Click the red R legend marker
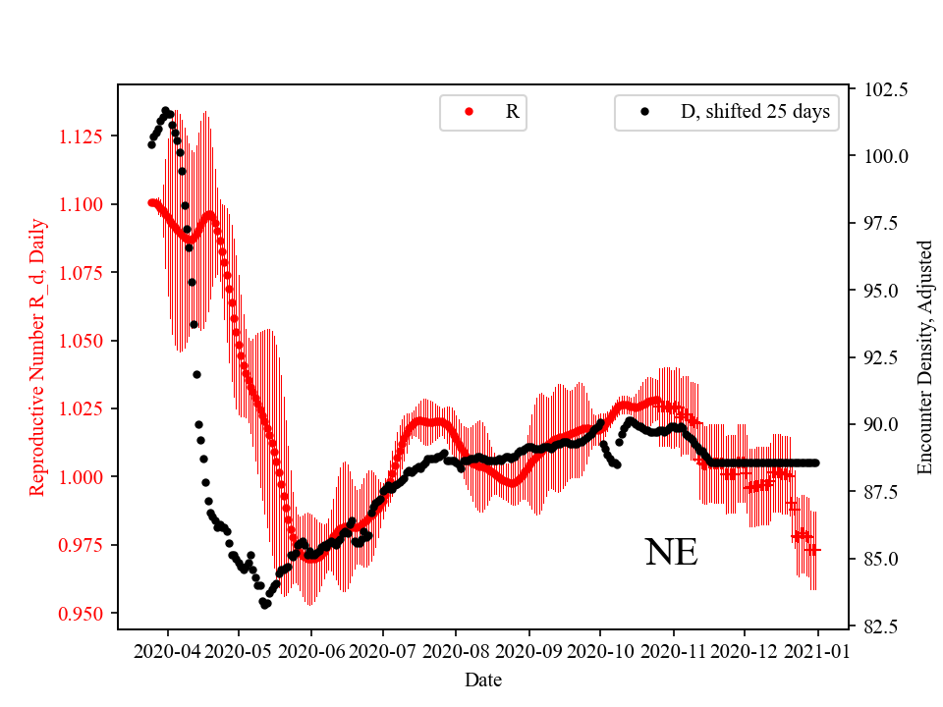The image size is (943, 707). pos(469,112)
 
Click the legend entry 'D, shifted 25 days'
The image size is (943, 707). pos(754,112)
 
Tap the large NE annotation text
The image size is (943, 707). pos(671,553)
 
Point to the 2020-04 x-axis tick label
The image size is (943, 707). pos(167,652)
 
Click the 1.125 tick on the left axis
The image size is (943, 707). pos(84,136)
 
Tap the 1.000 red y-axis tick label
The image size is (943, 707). pos(84,477)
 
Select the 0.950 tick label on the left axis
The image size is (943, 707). pos(84,614)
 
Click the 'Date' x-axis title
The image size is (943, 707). pos(482,679)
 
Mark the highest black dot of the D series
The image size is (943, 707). pos(165,110)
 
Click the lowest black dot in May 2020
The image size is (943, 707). pos(265,605)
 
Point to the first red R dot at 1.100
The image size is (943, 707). pos(151,202)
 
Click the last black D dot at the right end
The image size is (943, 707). pos(815,462)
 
